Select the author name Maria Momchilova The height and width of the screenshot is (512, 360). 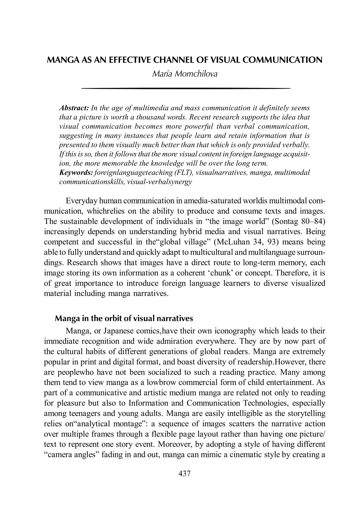click(185, 74)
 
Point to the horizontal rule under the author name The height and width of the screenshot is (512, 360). click(186, 88)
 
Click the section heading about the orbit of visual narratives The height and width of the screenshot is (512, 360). click(124, 318)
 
